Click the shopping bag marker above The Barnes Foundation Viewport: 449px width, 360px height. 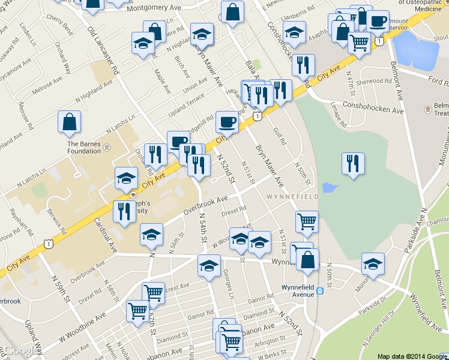point(70,122)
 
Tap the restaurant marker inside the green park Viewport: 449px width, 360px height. point(353,164)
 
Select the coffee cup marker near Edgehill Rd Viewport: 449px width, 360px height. point(227,122)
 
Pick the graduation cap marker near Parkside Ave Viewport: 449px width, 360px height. point(373,264)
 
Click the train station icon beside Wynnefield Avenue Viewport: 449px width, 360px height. point(321,291)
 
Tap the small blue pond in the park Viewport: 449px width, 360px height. point(329,188)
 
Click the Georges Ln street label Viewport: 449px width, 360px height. point(228,282)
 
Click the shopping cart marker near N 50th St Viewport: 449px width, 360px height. point(306,221)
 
